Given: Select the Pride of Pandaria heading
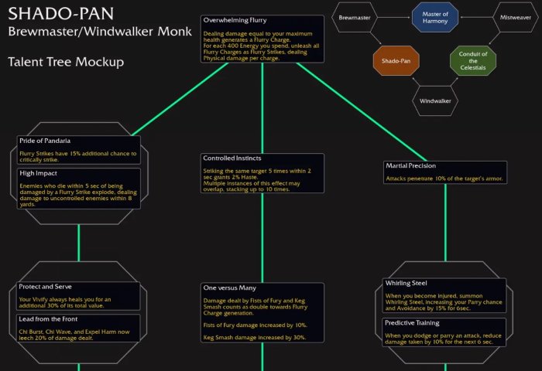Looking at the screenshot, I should click(45, 141).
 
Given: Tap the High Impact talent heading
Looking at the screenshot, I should click(39, 173).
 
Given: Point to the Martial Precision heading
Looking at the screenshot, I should click(411, 166).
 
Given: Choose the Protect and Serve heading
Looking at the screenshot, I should click(46, 287).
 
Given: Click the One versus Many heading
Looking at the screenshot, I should click(231, 288).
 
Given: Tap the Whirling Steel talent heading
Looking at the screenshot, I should click(410, 284).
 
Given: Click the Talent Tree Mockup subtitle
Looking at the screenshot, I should click(66, 61).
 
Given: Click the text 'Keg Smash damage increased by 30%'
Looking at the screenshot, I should click(255, 337).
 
